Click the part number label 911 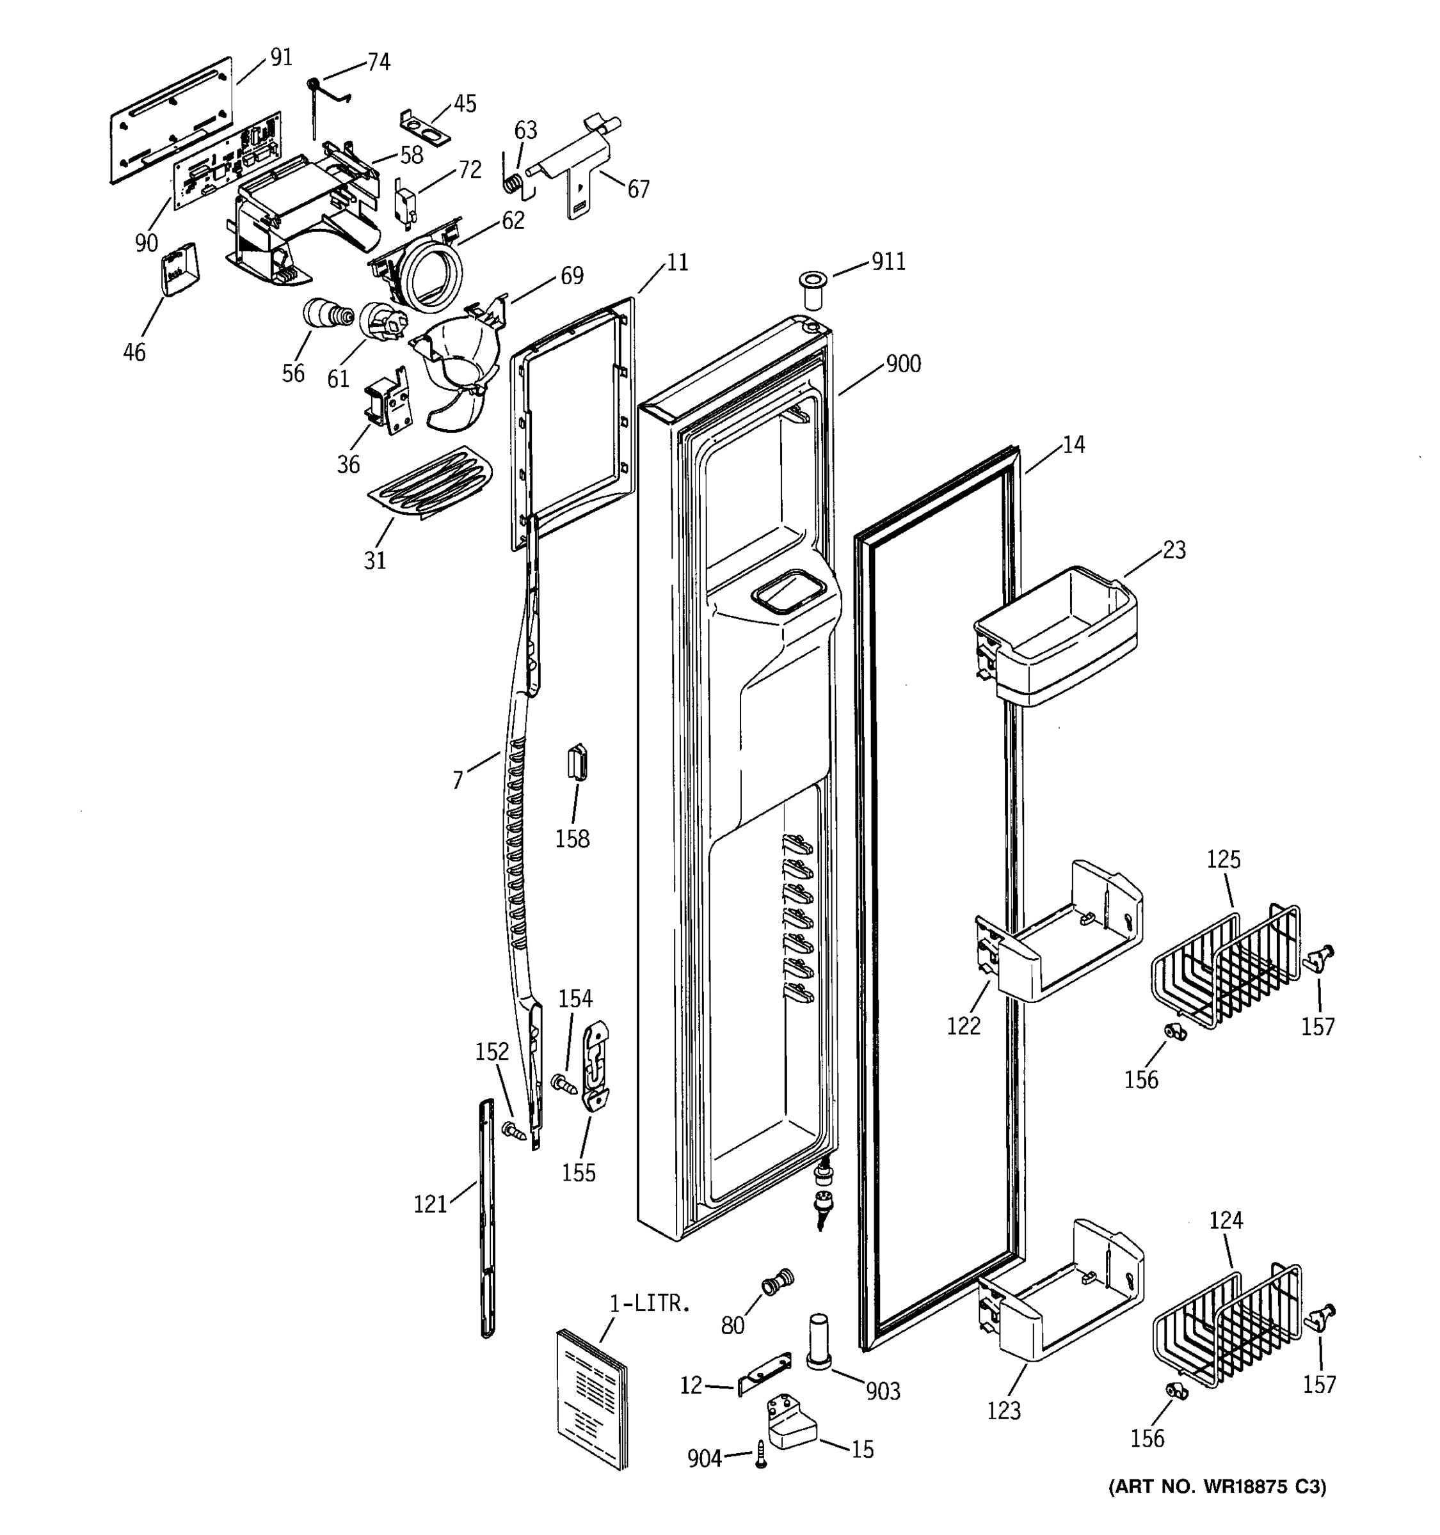pos(888,262)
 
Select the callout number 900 pos(902,364)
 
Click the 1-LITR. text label pos(649,1303)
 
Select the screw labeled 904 pos(761,1453)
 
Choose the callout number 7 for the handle pos(458,781)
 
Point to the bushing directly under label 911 pos(811,289)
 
